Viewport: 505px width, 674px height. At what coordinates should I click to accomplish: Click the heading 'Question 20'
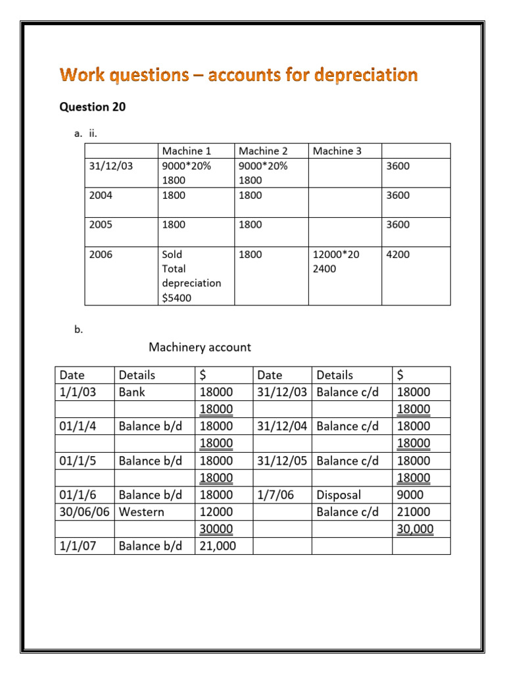coord(93,107)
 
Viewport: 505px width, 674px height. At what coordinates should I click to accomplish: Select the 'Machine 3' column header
coord(337,151)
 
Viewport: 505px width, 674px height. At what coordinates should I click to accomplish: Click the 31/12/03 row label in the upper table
coord(110,166)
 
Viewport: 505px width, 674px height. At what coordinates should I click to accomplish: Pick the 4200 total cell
coord(397,254)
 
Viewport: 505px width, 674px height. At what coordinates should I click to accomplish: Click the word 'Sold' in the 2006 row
coord(172,254)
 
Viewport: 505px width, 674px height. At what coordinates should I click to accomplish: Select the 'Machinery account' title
coord(200,347)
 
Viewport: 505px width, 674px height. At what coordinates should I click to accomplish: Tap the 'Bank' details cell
coord(132,392)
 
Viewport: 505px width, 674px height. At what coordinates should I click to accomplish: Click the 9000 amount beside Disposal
coord(410,495)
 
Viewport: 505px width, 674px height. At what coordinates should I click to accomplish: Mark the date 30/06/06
coord(84,512)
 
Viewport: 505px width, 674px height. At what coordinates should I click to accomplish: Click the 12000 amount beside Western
coord(216,512)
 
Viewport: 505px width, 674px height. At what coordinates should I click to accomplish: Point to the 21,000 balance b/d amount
coord(216,546)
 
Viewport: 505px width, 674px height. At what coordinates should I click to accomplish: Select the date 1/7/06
coord(275,495)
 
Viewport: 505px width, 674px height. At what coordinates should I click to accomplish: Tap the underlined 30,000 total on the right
coord(415,529)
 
